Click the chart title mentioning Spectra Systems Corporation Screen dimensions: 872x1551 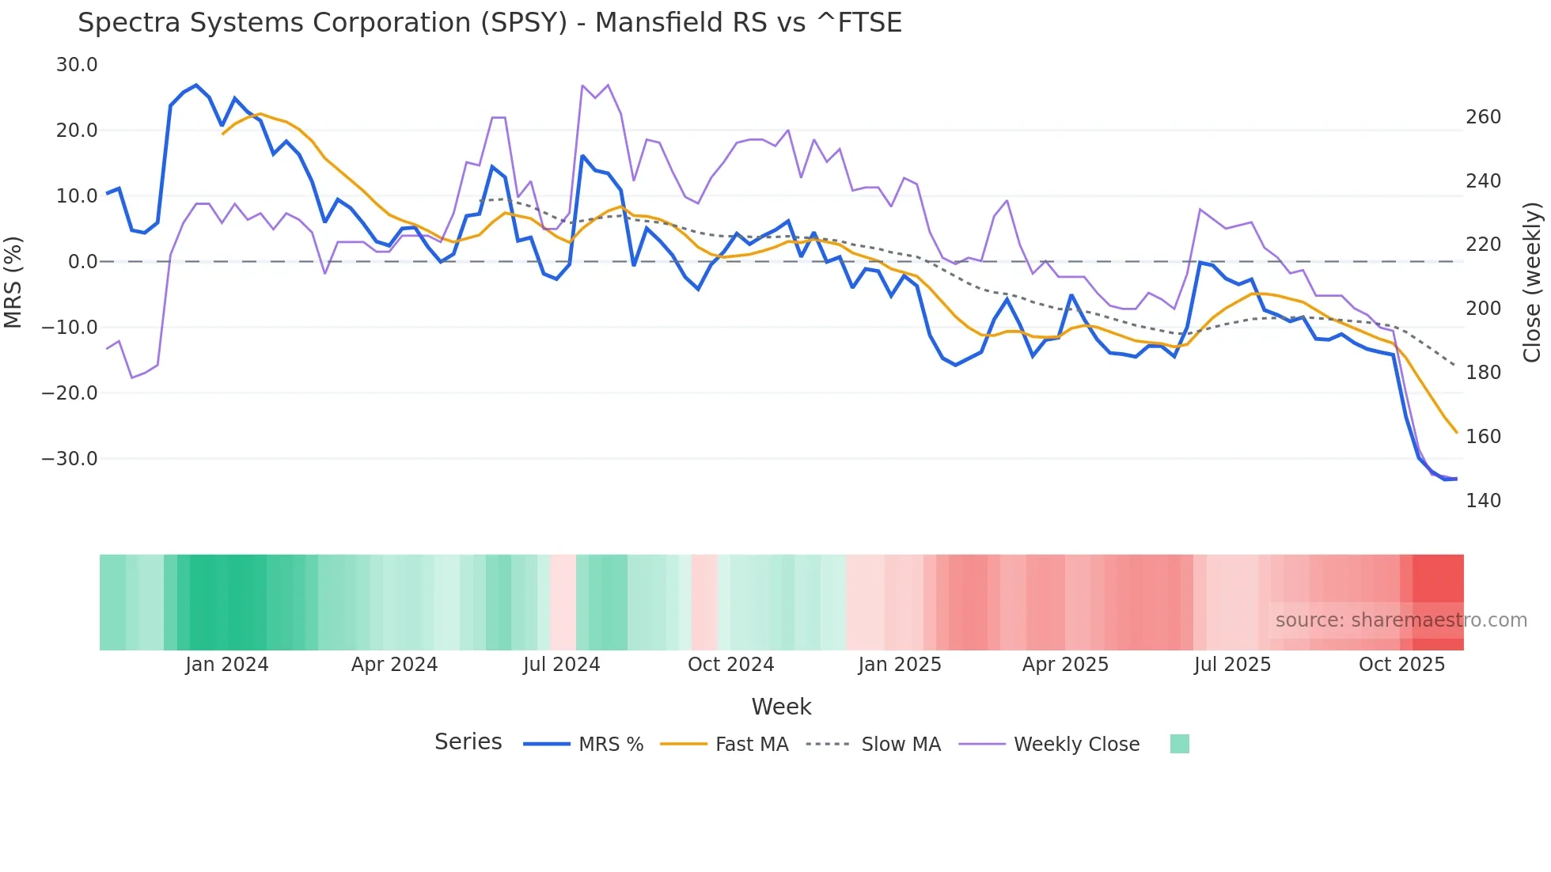[x=489, y=23]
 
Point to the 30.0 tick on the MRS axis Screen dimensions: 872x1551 [x=77, y=65]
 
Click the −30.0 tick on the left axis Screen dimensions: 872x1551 [x=70, y=459]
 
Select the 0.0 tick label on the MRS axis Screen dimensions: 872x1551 [x=82, y=262]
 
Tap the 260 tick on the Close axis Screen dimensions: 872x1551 [x=1483, y=117]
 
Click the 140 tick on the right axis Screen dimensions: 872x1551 [x=1483, y=501]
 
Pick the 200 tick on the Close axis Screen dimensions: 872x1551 [x=1483, y=309]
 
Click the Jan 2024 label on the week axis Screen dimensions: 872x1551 [x=227, y=665]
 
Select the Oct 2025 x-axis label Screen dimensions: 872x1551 [x=1401, y=665]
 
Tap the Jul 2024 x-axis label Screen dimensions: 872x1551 [x=561, y=665]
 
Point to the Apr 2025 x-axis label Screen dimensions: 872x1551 [x=1065, y=665]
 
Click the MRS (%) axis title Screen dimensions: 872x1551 [x=13, y=282]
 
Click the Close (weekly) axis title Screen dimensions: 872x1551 [x=1532, y=282]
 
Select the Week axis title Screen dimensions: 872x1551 [x=781, y=707]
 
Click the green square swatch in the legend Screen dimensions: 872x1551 [x=1179, y=744]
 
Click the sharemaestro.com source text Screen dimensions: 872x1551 [x=1401, y=620]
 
